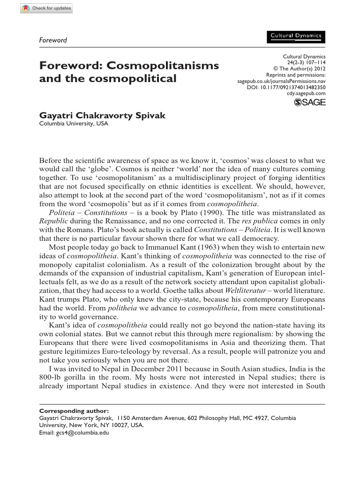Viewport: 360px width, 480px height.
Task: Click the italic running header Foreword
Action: tap(52, 40)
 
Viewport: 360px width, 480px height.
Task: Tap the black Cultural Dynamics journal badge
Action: tap(296, 37)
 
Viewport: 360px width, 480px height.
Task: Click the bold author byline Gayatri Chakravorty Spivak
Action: tap(102, 116)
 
